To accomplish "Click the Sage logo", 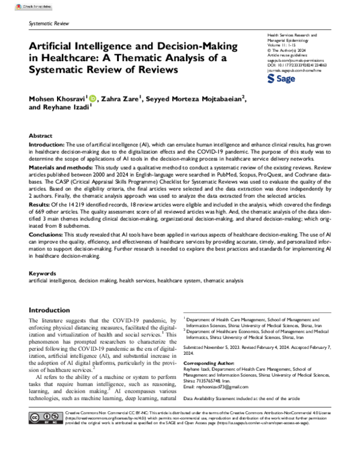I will [x=281, y=78].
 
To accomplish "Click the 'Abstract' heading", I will [x=41, y=137].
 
